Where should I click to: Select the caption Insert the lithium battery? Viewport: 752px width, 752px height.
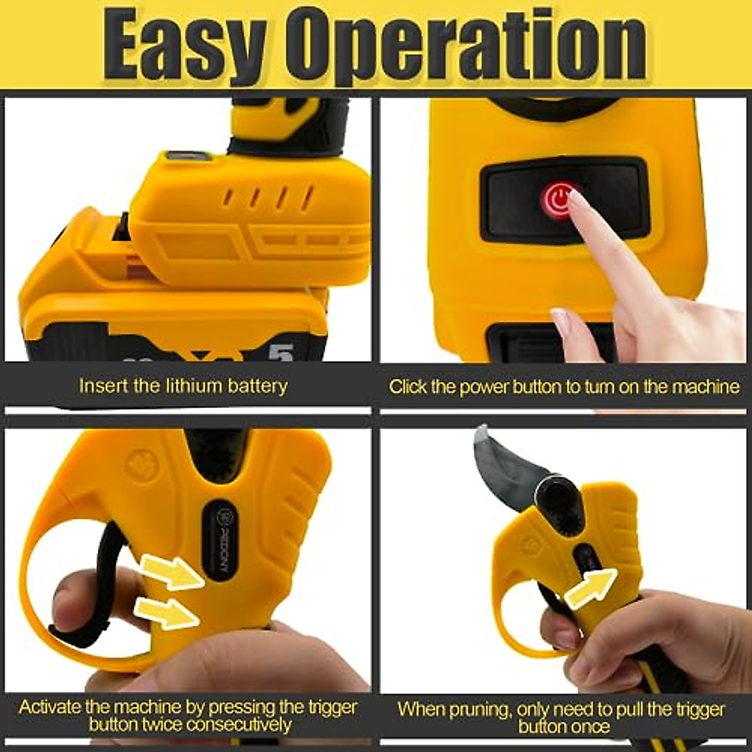[183, 385]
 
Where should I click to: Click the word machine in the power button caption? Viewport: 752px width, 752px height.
[705, 386]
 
